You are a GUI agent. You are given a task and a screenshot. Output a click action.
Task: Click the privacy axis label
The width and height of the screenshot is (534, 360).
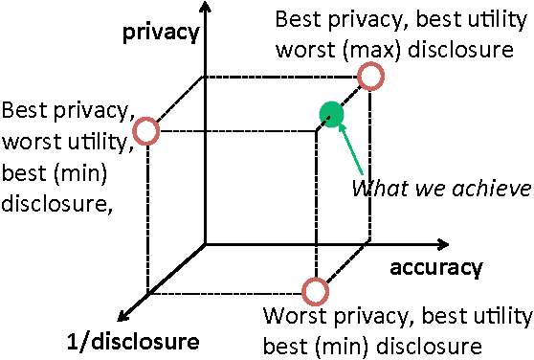(160, 33)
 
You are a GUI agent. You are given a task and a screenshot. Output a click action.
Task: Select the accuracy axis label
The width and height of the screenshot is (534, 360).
(435, 268)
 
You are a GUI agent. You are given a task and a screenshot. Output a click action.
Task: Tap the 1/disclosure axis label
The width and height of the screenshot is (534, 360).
(133, 341)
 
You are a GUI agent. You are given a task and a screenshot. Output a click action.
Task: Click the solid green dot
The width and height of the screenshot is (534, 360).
(331, 115)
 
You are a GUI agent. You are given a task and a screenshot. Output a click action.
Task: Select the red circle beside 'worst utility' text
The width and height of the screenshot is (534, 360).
(145, 131)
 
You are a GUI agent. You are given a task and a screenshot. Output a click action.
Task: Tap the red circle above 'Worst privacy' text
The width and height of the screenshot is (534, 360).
(316, 290)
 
